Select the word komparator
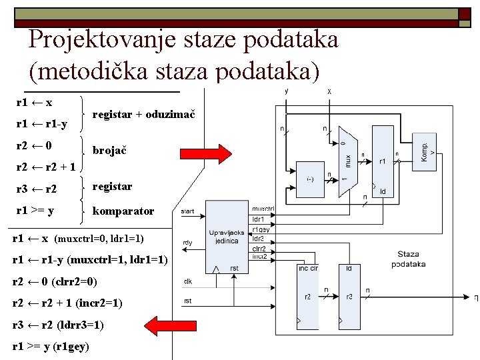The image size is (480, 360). tap(123, 211)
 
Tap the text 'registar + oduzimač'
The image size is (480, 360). tap(143, 115)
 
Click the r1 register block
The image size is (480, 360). tap(383, 160)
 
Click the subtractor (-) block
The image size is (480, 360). tap(311, 178)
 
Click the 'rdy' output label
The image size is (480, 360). tap(188, 243)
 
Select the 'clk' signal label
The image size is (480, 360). tap(188, 281)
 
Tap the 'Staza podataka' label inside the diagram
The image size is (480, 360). tap(409, 259)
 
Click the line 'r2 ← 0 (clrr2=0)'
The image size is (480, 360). tap(59, 282)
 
